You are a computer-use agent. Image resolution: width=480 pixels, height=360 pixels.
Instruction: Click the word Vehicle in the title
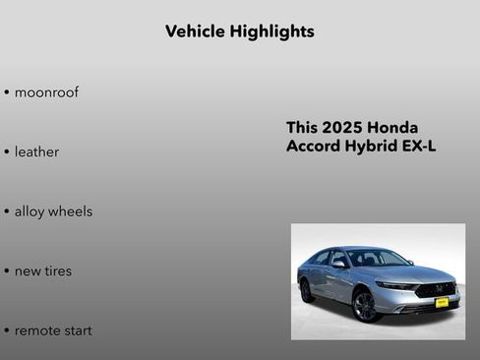pyautogui.click(x=195, y=31)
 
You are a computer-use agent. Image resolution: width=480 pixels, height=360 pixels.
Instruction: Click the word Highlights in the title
pyautogui.click(x=271, y=31)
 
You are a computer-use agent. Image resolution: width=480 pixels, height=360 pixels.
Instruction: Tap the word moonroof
pyautogui.click(x=46, y=92)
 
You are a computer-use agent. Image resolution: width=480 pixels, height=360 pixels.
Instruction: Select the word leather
pyautogui.click(x=36, y=152)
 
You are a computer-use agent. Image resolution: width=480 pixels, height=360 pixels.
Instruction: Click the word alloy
pyautogui.click(x=30, y=211)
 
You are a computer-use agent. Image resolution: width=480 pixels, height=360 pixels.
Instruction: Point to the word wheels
pyautogui.click(x=71, y=211)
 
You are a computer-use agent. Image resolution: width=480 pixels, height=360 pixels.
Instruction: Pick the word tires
pyautogui.click(x=56, y=271)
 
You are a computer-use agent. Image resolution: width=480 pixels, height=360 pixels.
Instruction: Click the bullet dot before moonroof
pyautogui.click(x=7, y=93)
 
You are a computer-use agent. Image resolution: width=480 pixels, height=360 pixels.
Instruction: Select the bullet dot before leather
pyautogui.click(x=7, y=152)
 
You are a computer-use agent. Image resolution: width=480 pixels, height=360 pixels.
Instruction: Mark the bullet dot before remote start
pyautogui.click(x=7, y=331)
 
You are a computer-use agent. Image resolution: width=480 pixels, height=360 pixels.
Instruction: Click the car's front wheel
pyautogui.click(x=364, y=305)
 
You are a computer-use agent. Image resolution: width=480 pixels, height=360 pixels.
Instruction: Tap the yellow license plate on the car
pyautogui.click(x=442, y=302)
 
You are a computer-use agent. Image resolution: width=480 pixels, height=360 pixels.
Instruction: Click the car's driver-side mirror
pyautogui.click(x=339, y=264)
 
